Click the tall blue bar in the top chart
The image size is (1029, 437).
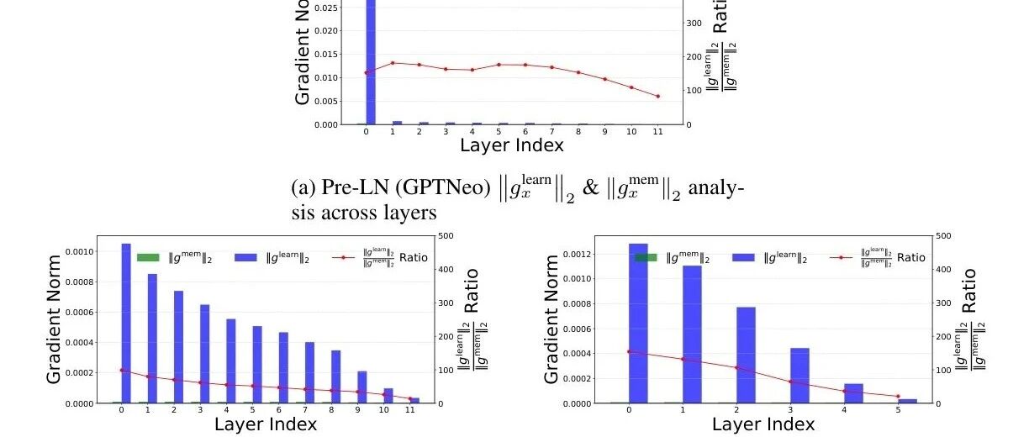tap(371, 59)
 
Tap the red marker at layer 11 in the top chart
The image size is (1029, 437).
tap(657, 96)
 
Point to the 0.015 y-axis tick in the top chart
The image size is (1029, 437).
tap(326, 54)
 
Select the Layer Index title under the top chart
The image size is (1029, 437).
tap(511, 145)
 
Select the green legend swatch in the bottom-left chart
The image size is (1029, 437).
tap(148, 257)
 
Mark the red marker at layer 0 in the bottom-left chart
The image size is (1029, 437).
tap(122, 370)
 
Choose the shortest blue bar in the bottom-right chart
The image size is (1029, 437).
tap(907, 401)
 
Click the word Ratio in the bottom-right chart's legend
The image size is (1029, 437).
tap(910, 257)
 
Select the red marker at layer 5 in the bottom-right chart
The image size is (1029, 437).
tap(898, 397)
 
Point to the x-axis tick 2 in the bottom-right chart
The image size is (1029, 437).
tap(736, 411)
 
